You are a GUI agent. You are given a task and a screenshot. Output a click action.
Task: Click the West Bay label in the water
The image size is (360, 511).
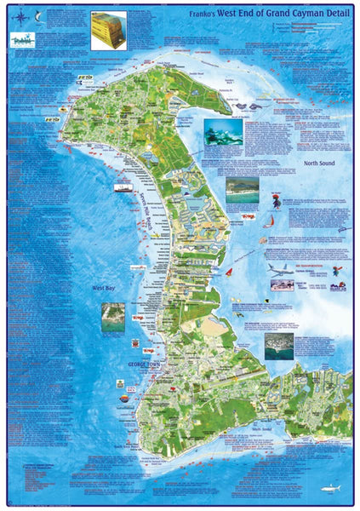pyautogui.click(x=106, y=289)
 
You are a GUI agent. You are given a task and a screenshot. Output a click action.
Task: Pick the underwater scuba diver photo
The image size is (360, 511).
pyautogui.click(x=222, y=131)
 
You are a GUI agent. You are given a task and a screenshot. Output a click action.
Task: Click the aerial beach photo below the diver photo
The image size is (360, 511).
pyautogui.click(x=242, y=190)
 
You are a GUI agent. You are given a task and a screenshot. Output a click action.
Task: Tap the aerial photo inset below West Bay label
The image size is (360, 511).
pyautogui.click(x=111, y=316)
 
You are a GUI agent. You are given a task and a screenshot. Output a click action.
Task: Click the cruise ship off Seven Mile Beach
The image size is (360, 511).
pyautogui.click(x=123, y=188)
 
